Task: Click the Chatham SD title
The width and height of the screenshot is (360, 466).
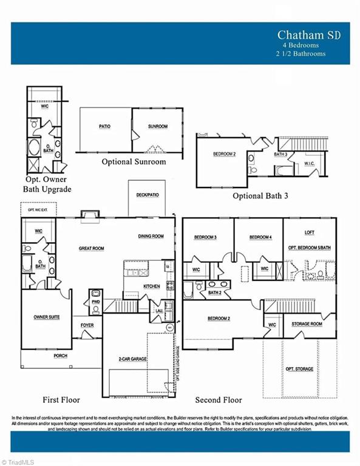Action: [x=309, y=35]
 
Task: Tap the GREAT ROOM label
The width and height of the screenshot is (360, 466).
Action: [x=92, y=248]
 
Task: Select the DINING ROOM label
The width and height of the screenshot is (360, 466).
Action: [x=151, y=236]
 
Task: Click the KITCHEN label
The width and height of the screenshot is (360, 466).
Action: [x=151, y=286]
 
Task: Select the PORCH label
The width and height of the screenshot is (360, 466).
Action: [x=60, y=356]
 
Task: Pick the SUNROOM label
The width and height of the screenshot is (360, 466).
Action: [x=157, y=127]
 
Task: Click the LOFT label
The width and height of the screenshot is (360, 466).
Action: [x=309, y=232]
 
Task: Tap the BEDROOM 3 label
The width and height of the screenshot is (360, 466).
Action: [x=206, y=237]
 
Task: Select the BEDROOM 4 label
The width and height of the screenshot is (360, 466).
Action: [x=260, y=237]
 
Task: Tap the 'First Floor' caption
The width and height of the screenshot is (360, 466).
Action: [x=61, y=400]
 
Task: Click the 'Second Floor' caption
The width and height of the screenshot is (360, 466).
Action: [x=218, y=400]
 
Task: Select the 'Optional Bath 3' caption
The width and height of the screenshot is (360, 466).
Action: [x=260, y=196]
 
